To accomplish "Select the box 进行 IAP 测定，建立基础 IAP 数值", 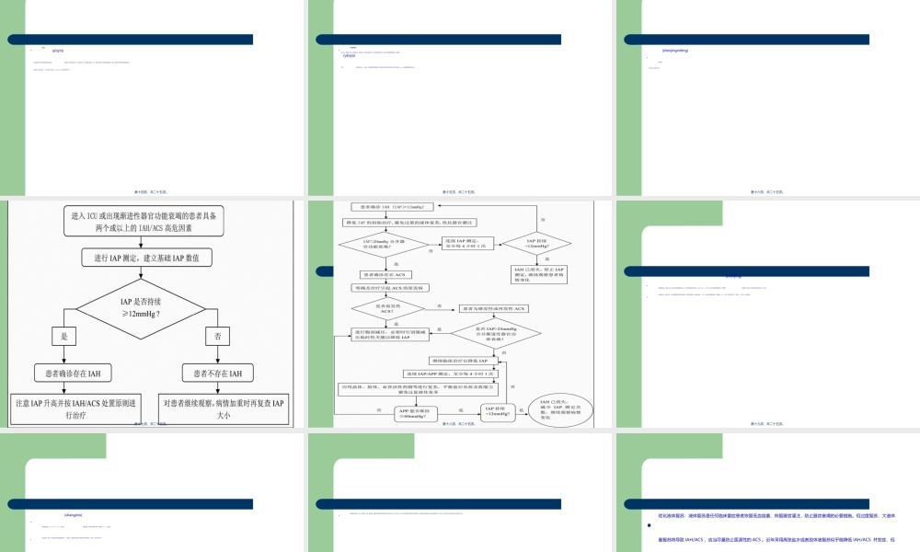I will pos(148,258).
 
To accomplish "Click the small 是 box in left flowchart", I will pos(64,337).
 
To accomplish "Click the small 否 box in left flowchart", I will pos(218,337).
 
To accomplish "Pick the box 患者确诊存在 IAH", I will pos(73,373).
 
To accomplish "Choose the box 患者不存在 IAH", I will pos(217,373).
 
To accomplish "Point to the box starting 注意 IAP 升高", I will pos(73,408).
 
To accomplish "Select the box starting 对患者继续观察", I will pos(224,408).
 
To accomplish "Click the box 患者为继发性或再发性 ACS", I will pos(494,308).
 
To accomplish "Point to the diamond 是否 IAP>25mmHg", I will pos(495,332).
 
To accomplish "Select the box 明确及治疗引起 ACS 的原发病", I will pos(391,287).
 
